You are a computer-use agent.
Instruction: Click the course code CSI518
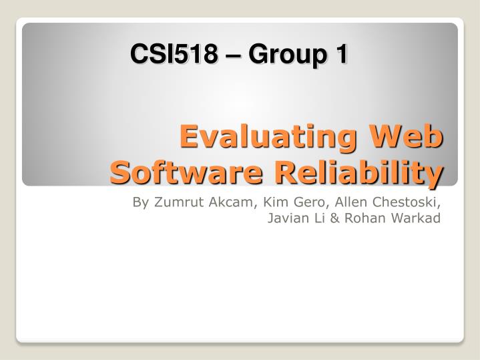[x=173, y=54]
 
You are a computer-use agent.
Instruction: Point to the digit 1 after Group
[x=340, y=54]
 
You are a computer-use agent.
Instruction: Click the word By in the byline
[x=142, y=202]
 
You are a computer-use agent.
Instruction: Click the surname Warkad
[x=417, y=218]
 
